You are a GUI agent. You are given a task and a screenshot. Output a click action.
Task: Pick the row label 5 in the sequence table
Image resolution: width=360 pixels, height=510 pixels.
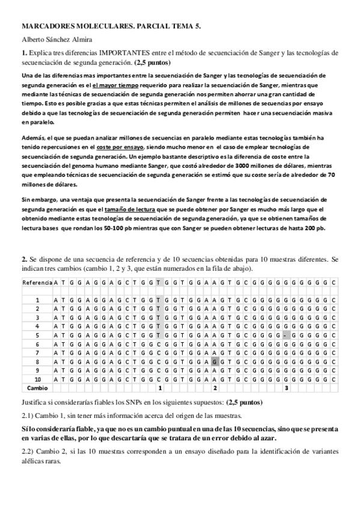[x=37, y=334]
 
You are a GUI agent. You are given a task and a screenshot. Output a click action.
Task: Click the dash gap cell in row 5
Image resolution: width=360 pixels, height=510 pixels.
[x=285, y=334]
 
